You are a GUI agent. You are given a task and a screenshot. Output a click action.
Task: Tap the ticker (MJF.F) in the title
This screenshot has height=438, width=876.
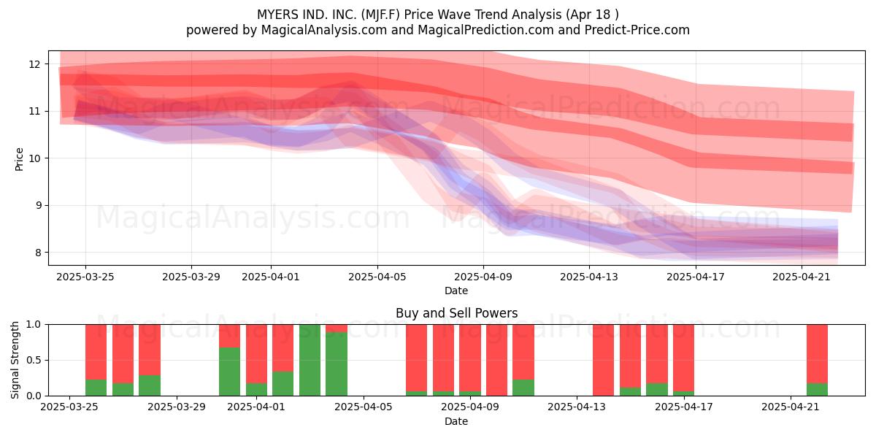click(380, 15)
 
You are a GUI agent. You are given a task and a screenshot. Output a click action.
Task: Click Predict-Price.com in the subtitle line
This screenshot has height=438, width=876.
click(637, 30)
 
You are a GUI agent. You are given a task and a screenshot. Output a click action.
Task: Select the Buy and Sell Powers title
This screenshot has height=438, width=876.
click(456, 313)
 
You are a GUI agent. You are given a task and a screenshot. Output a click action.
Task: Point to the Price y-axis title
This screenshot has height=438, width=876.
click(19, 159)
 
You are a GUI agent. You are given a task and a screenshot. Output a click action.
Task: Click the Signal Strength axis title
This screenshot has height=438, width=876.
click(15, 360)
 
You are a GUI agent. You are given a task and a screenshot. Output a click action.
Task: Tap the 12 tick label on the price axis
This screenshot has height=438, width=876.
click(34, 64)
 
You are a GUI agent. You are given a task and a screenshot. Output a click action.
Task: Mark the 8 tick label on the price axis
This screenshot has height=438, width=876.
click(38, 253)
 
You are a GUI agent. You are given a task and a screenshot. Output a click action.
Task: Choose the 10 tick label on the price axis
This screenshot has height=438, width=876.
click(34, 158)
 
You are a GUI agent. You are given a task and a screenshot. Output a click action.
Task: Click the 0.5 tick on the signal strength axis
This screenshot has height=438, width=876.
click(33, 360)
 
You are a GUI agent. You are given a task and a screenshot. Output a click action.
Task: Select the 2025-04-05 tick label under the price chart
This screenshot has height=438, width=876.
click(377, 277)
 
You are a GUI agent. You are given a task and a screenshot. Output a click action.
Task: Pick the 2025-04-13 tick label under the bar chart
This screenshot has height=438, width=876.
click(577, 407)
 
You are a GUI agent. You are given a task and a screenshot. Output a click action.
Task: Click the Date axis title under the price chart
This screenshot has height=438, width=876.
click(456, 291)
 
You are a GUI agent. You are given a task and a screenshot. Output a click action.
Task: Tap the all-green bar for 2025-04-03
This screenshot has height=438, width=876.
click(310, 360)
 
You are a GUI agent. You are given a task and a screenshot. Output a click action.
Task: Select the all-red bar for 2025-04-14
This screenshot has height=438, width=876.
click(604, 360)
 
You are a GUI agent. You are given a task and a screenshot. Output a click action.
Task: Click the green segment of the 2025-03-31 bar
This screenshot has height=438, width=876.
click(229, 371)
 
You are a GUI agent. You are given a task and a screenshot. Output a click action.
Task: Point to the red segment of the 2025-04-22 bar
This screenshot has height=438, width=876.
click(818, 354)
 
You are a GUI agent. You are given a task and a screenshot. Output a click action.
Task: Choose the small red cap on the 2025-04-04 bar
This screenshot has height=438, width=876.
click(337, 328)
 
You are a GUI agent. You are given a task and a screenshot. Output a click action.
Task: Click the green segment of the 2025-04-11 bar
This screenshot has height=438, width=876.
click(523, 388)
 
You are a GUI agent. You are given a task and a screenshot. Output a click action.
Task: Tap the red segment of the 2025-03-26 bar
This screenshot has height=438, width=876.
click(96, 352)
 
